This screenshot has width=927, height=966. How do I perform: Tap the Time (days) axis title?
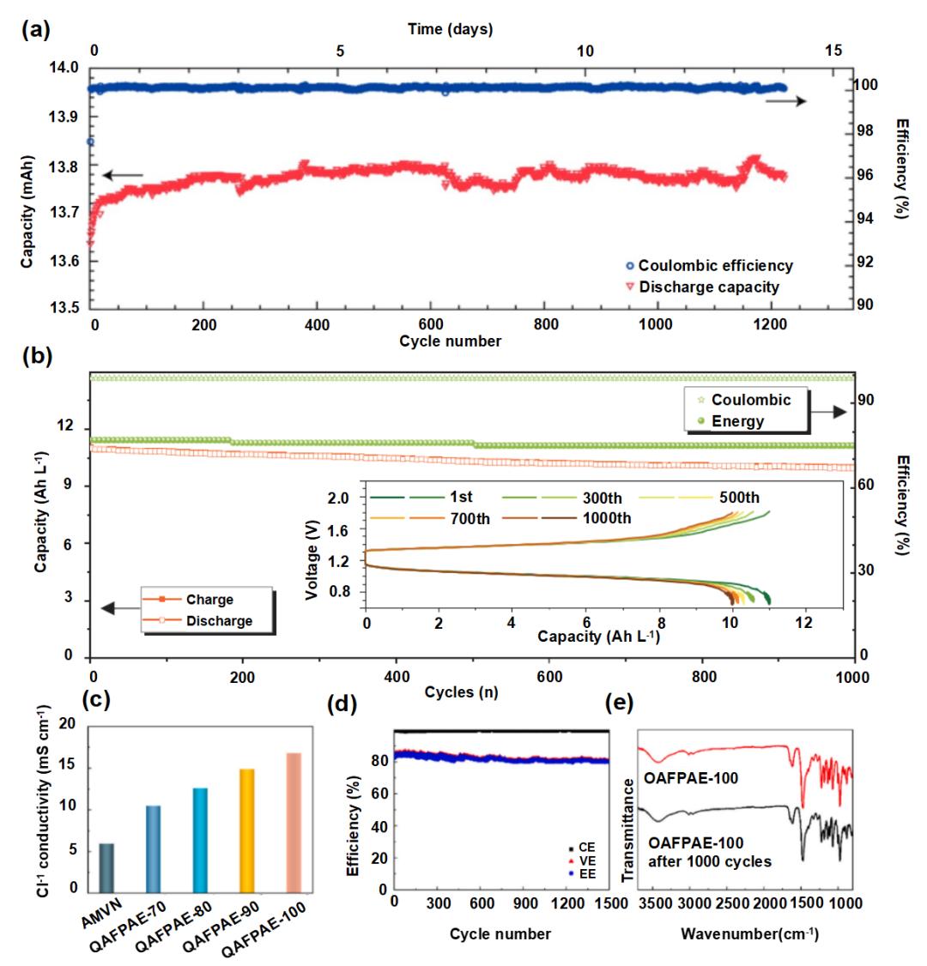tap(450, 29)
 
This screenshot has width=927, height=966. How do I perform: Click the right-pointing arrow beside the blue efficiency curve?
tap(785, 101)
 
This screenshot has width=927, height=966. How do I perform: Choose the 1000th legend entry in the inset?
tap(607, 518)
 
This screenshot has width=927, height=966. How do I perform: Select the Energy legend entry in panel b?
tap(737, 421)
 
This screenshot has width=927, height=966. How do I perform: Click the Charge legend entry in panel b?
tap(209, 600)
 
